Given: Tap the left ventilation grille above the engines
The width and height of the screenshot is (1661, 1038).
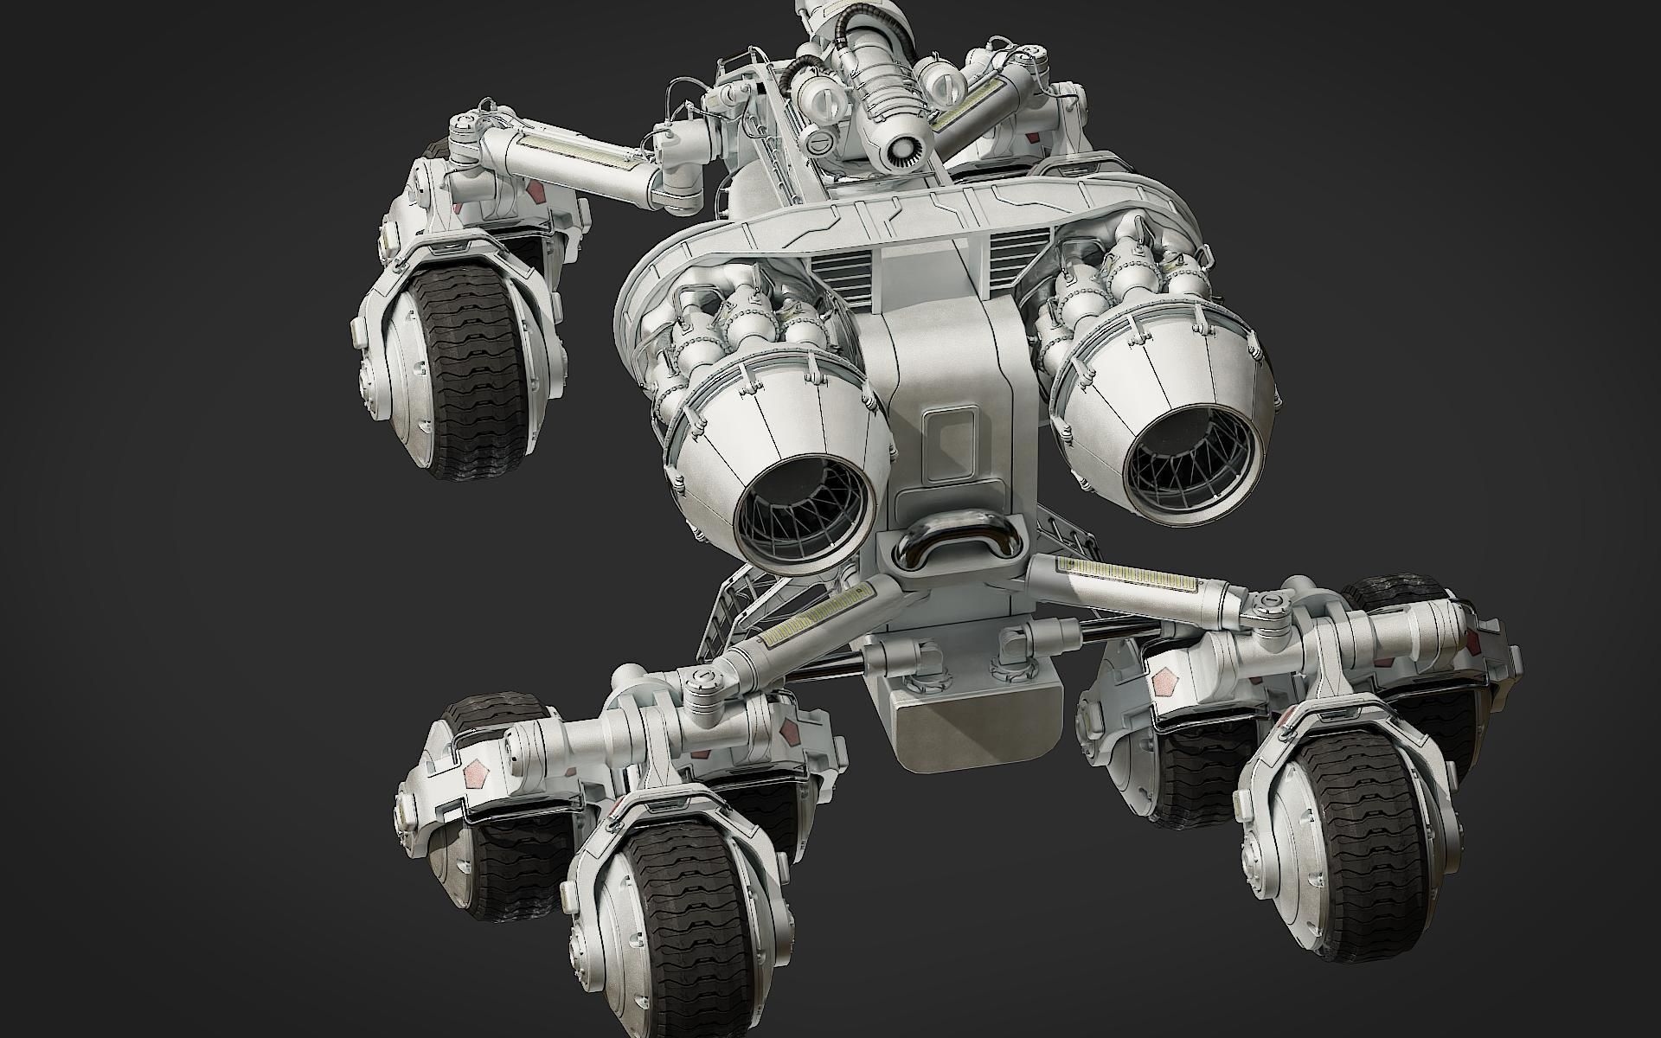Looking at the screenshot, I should click(843, 276).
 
